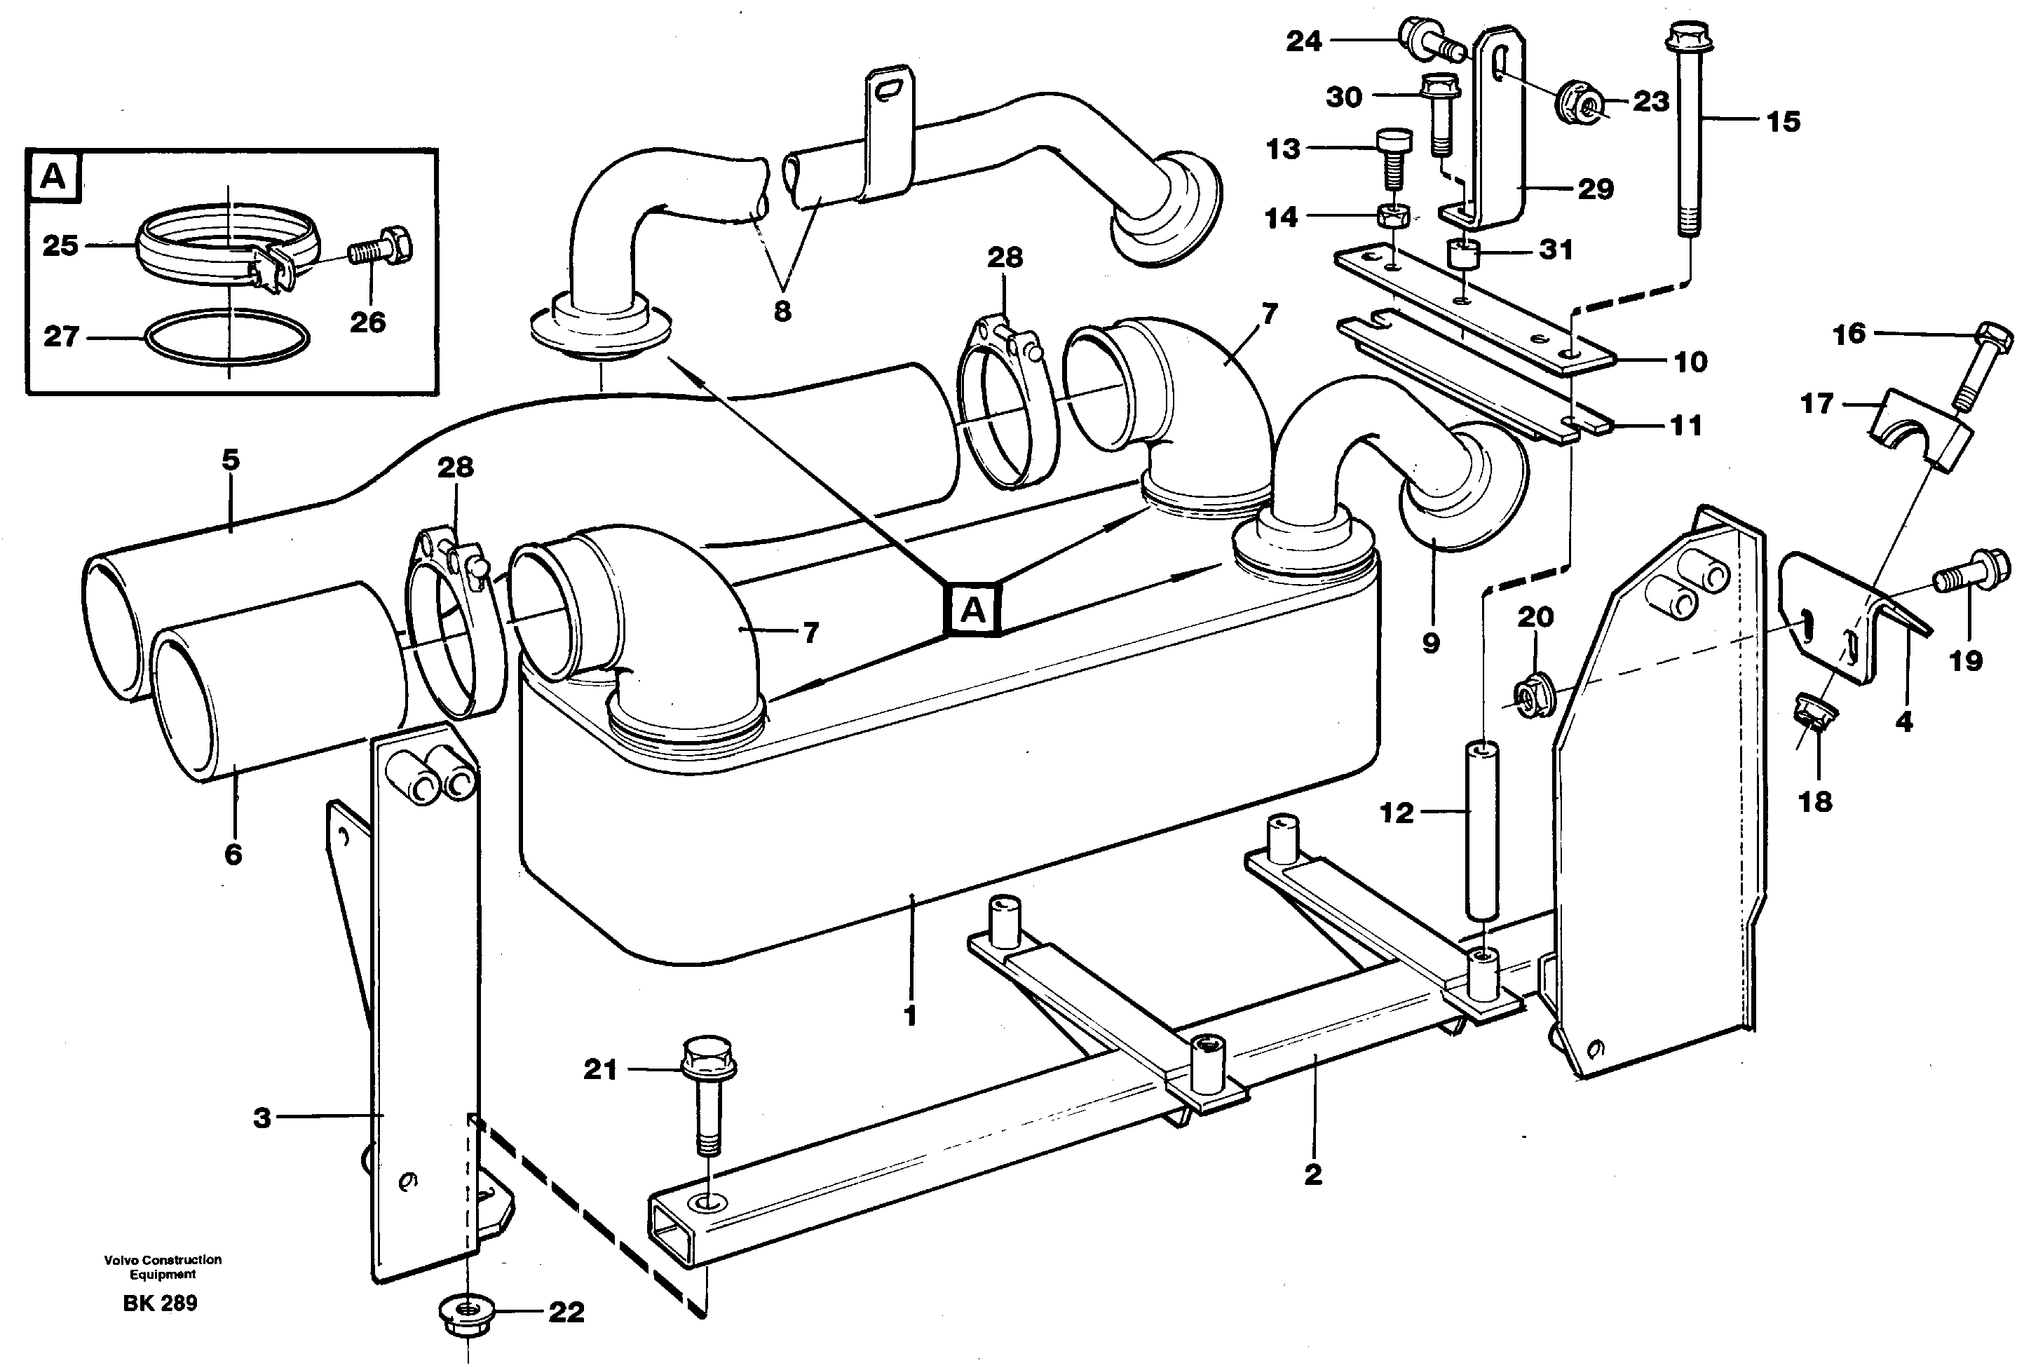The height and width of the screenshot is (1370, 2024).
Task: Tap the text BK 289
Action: (x=161, y=1304)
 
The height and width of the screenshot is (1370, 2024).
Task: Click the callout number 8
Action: (x=782, y=311)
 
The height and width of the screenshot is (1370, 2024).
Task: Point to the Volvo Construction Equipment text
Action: (x=163, y=1266)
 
